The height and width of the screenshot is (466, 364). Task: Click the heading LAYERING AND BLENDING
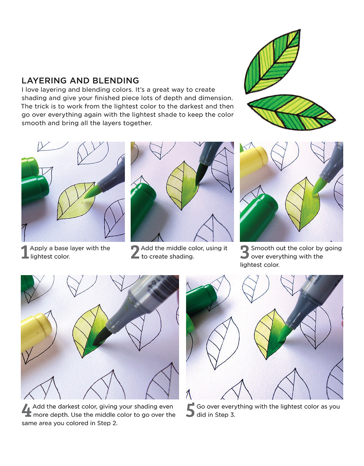pos(80,81)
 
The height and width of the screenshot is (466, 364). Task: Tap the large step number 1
pos(25,252)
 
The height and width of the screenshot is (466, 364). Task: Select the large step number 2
pos(135,252)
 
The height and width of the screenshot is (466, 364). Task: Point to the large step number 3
pos(245,252)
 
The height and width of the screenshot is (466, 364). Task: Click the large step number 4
pos(26,410)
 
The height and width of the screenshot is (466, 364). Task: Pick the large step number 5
pos(190,410)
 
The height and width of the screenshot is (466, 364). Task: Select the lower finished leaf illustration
pos(291,112)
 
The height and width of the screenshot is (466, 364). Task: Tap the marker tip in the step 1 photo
pos(92,192)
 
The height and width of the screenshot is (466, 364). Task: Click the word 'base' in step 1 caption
pos(61,248)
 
